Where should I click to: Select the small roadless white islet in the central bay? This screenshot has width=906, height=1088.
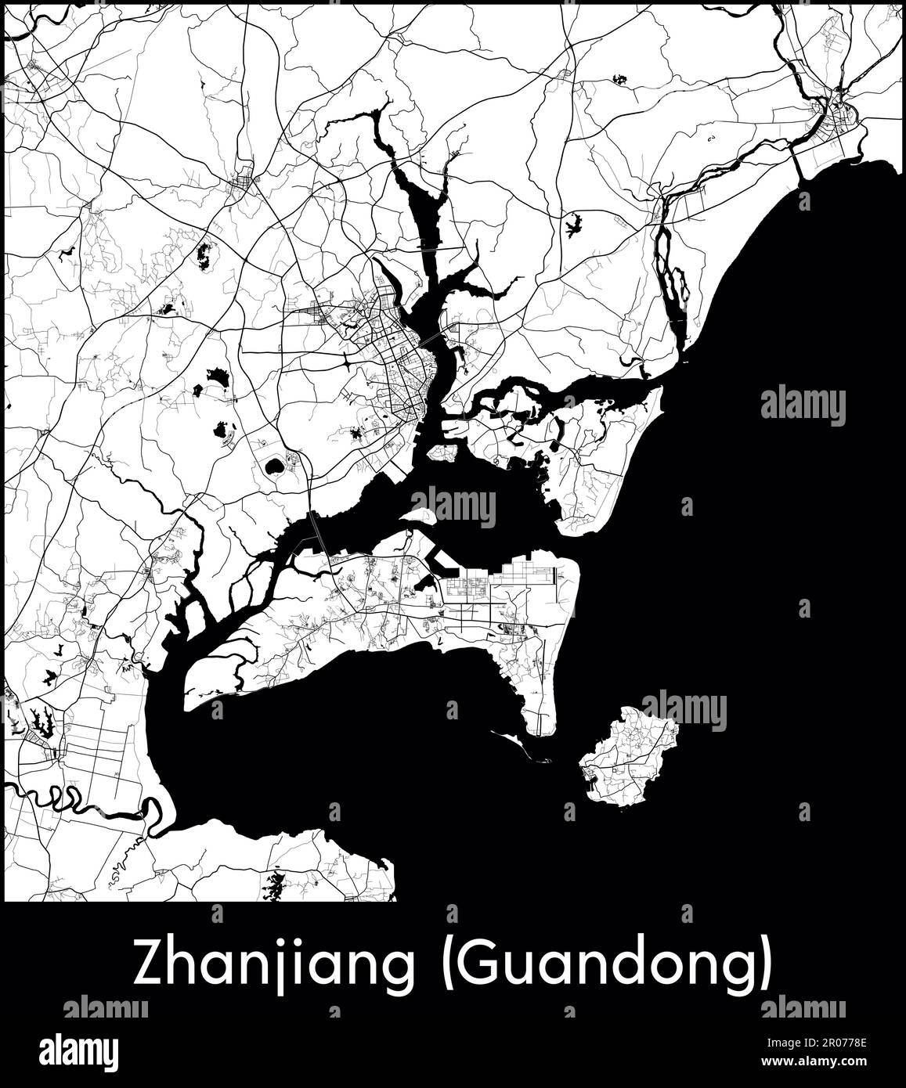pos(419,517)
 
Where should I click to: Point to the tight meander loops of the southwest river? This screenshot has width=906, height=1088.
pos(59,798)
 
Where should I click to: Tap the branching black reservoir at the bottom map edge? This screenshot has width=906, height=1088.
pos(275,886)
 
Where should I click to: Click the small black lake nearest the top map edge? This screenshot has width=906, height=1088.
pos(621,78)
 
